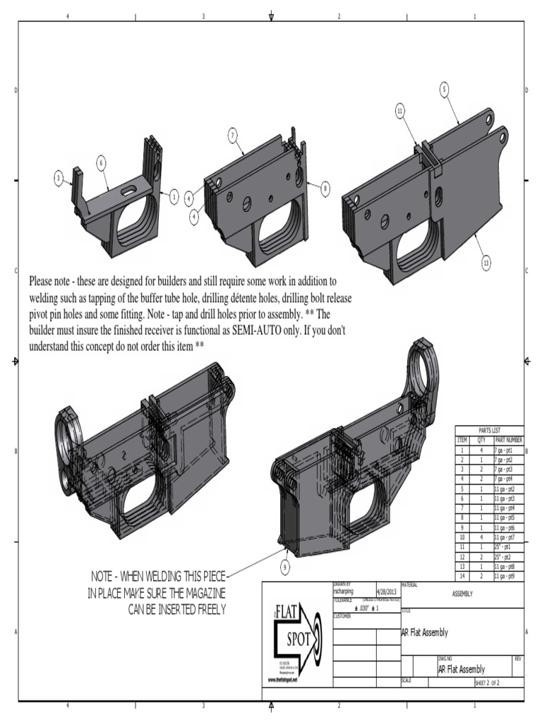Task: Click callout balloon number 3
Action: coord(59,177)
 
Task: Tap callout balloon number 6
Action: coord(102,163)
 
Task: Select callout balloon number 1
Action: coord(174,198)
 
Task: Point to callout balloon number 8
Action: coord(325,189)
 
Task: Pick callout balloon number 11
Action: coord(400,111)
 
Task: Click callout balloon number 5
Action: coord(444,89)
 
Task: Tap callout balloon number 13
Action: coord(486,263)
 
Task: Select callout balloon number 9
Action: coord(285,566)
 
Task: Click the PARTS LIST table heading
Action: coord(489,430)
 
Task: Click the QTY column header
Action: coord(481,439)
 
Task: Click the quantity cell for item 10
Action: coord(481,537)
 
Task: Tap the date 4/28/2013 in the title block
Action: coord(387,592)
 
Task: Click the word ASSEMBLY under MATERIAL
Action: coord(462,594)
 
